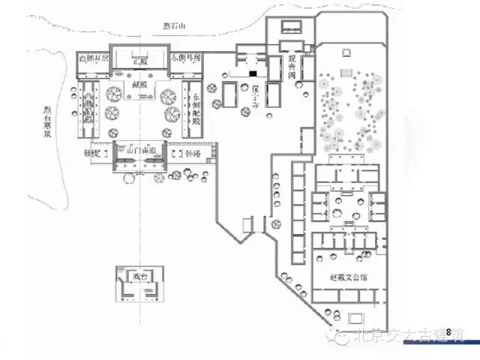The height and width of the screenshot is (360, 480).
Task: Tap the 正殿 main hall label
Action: [139, 59]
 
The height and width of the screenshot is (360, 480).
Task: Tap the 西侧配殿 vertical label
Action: [88, 109]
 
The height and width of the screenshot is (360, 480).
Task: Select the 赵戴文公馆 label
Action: [348, 277]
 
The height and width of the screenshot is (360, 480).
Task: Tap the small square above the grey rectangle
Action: [346, 52]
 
